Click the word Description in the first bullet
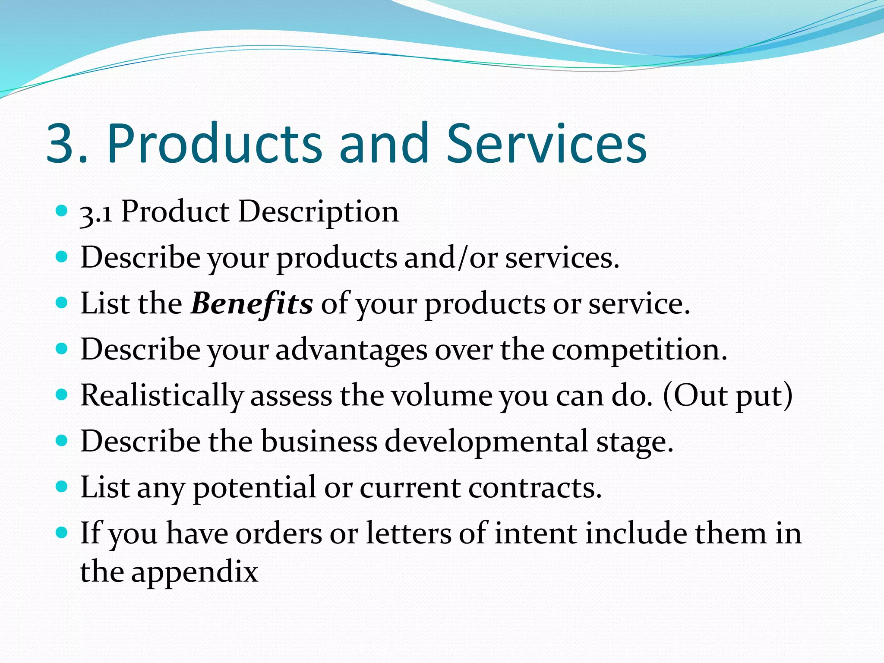point(318,213)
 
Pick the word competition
point(639,350)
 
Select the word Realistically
point(162,396)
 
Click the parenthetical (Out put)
point(727,396)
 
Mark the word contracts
point(535,488)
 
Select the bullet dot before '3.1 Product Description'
point(62,211)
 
